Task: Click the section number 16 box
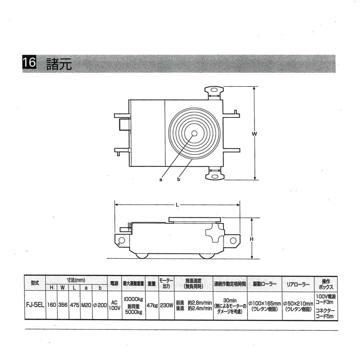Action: tap(29, 62)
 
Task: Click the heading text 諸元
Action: tap(59, 64)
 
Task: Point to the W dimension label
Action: tap(255, 134)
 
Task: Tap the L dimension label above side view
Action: tap(177, 205)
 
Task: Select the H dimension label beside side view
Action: tap(252, 239)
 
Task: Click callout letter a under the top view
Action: tap(161, 180)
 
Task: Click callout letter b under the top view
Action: tap(179, 179)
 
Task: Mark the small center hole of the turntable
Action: tap(194, 133)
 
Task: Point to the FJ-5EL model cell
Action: tap(35, 305)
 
